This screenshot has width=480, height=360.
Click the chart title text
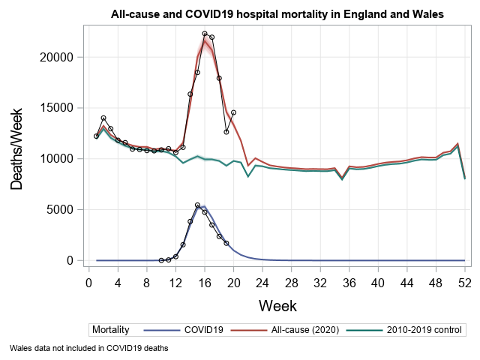click(x=277, y=14)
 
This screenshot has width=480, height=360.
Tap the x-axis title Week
click(x=277, y=305)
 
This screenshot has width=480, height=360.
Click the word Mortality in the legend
click(x=111, y=329)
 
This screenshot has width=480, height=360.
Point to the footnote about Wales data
click(x=89, y=348)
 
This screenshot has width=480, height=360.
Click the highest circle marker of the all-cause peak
click(x=205, y=34)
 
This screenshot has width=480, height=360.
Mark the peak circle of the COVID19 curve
click(x=197, y=205)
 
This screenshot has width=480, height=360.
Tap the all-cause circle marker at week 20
click(x=233, y=112)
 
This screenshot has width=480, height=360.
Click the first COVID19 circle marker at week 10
click(x=161, y=260)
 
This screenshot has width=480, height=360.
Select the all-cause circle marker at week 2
click(x=103, y=118)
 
